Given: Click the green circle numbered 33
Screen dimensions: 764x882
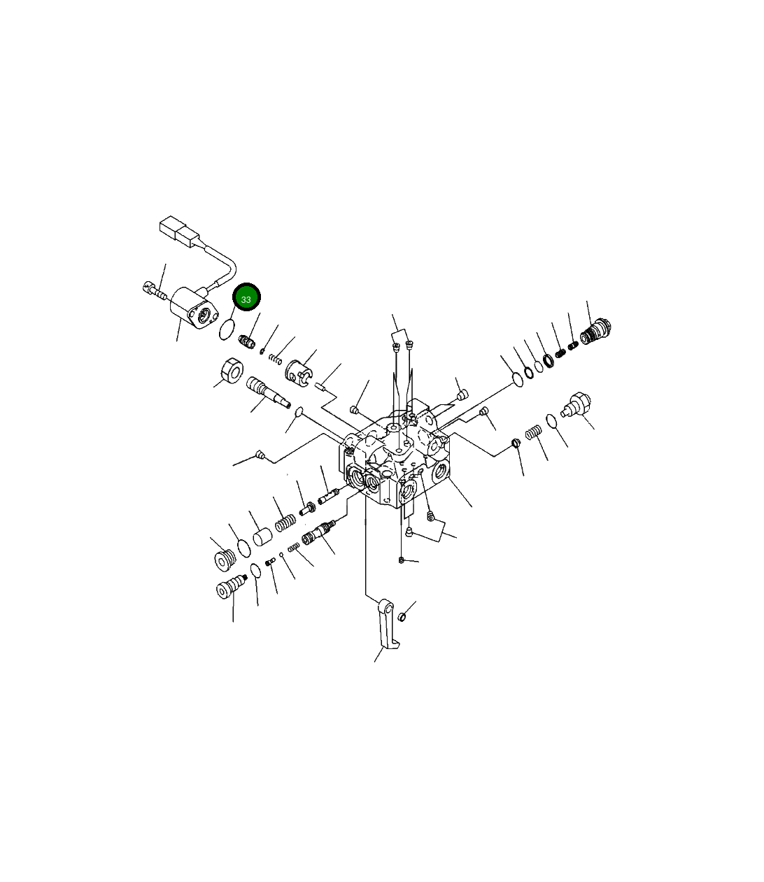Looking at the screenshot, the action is [x=246, y=297].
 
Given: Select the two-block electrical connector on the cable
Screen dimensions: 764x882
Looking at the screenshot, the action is [x=179, y=232].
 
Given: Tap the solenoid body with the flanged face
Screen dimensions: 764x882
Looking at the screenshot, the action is [x=194, y=308].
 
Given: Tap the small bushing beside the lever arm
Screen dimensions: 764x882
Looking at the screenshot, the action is [x=402, y=617].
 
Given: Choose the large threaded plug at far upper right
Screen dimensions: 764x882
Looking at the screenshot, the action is [x=595, y=331].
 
